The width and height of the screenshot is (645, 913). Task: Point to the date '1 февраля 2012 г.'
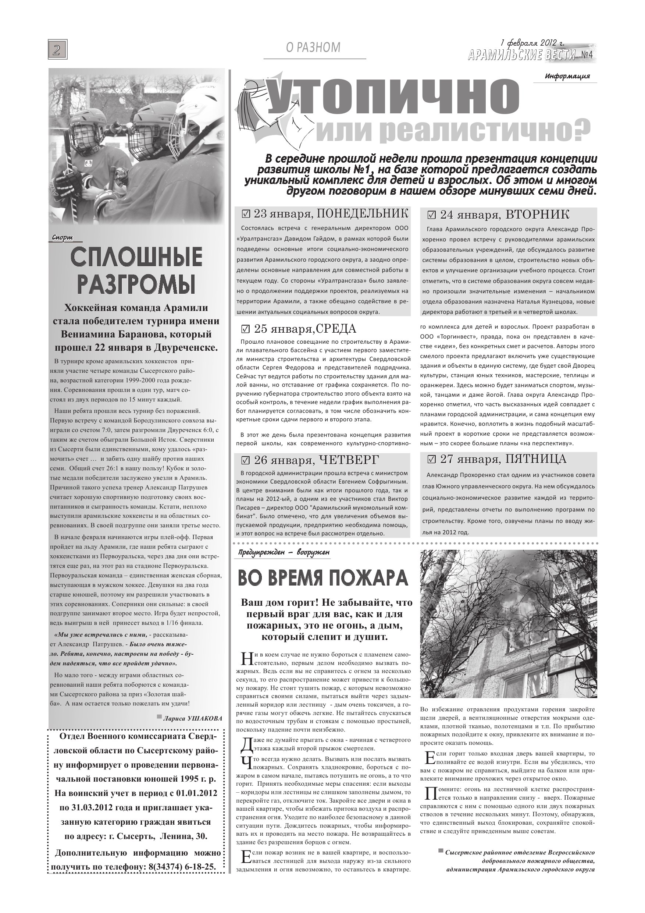tap(532, 43)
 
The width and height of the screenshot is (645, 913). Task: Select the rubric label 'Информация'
tap(567, 76)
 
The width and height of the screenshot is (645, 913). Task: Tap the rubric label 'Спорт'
tap(63, 238)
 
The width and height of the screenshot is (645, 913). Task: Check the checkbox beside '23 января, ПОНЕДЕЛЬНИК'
tap(246, 214)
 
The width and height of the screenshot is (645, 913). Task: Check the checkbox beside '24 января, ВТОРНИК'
tap(432, 216)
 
